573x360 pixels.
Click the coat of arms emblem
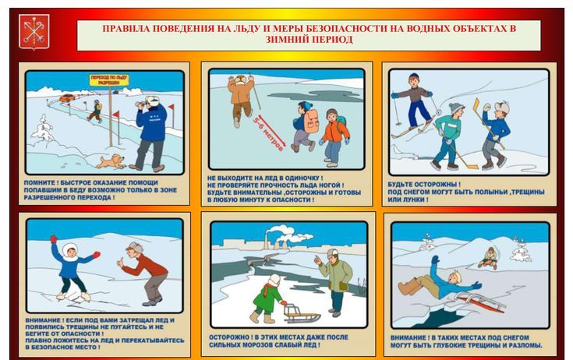pos(34,32)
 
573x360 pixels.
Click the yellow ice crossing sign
pos(109,80)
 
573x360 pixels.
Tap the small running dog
pos(111,161)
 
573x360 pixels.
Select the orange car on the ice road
pos(67,98)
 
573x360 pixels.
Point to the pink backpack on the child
pos(311,121)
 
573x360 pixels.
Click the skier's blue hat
pos(414,77)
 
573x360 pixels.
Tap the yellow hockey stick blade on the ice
pos(471,168)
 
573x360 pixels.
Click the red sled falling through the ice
pos(482,302)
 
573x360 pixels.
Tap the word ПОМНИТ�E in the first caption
pos(39,182)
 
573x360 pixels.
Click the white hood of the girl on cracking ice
pos(70,251)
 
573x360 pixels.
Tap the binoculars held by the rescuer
pos(140,104)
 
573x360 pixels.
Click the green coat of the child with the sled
pos(268,298)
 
